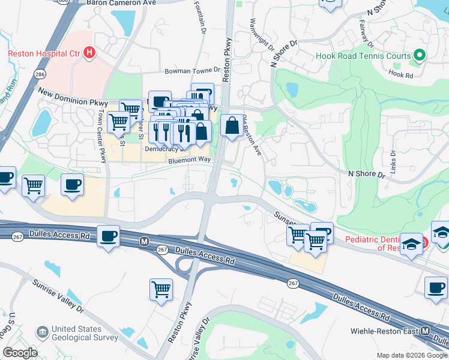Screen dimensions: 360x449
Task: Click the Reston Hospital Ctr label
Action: point(43,53)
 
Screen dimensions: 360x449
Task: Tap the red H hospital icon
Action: point(89,53)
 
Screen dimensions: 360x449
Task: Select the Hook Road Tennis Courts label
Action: point(364,57)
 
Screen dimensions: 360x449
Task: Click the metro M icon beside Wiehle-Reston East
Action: point(426,331)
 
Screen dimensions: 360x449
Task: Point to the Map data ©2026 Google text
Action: point(411,355)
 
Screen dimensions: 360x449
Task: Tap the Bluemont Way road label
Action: point(189,160)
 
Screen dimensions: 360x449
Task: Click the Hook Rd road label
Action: point(401,76)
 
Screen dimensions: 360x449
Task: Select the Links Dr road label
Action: point(394,161)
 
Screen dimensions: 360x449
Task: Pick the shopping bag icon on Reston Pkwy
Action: point(232,126)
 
